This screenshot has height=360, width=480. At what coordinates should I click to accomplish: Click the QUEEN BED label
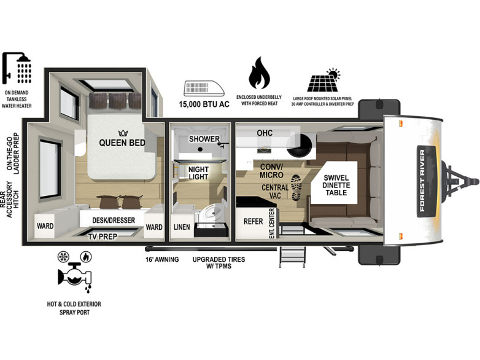click(122, 143)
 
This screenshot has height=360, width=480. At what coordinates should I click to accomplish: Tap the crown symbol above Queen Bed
click(123, 133)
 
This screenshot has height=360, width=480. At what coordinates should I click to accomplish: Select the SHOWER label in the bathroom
click(204, 139)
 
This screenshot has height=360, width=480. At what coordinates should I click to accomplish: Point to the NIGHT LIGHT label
click(198, 173)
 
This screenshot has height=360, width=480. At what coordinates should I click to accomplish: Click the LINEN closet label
click(182, 227)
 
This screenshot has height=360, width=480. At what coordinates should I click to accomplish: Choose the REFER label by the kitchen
click(253, 221)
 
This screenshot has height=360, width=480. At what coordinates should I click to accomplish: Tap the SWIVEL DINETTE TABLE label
click(336, 185)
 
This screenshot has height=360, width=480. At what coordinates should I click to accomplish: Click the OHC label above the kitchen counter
click(265, 133)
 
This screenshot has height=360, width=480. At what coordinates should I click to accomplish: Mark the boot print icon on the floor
click(296, 187)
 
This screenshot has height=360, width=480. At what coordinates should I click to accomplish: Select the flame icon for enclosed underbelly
click(259, 73)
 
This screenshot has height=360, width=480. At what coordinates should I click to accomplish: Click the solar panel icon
click(324, 80)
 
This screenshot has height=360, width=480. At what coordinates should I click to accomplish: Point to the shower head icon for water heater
click(17, 68)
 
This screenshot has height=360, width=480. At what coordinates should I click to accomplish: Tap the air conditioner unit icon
click(204, 88)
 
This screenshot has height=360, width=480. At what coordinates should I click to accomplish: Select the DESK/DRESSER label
click(114, 221)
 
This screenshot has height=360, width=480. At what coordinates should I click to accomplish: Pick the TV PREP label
click(103, 237)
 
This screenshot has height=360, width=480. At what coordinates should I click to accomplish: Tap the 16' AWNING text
click(162, 259)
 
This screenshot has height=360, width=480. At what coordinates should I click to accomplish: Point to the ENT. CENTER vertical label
click(272, 224)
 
